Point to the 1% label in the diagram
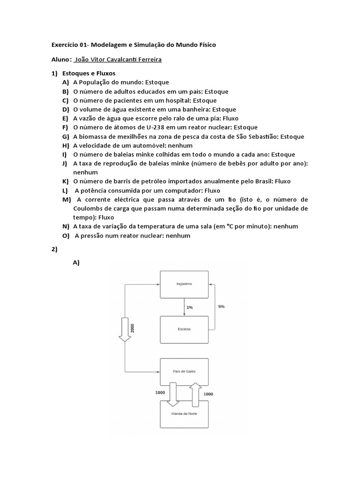(x=189, y=307)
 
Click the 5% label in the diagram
(x=221, y=306)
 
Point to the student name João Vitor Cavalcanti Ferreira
(x=121, y=60)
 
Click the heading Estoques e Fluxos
(x=89, y=74)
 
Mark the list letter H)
(x=65, y=145)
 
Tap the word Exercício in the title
(x=67, y=45)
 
